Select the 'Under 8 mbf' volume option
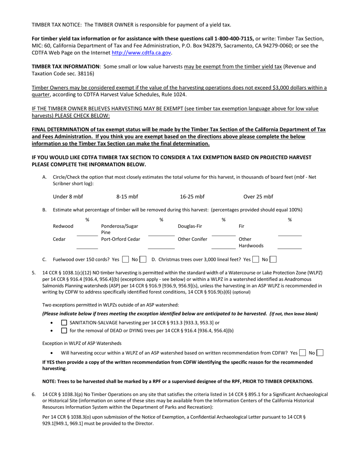coord(68,197)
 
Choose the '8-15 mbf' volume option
coord(127,197)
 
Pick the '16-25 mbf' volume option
coord(192,197)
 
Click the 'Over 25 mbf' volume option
coord(258,197)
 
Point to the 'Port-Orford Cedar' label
coord(121,239)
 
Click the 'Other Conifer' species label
coord(193,239)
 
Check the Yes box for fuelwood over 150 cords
coord(125,260)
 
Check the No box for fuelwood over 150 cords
coord(143,260)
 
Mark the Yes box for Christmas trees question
coord(256,260)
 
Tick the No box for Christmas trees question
coord(273,260)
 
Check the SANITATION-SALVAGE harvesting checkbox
coord(64,323)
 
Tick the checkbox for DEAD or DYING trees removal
coord(64,330)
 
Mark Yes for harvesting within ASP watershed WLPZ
coord(302,353)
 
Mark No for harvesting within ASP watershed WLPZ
coord(320,353)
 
